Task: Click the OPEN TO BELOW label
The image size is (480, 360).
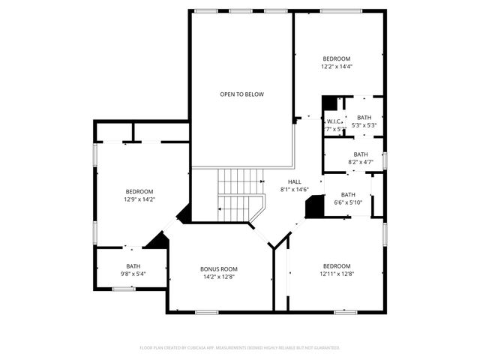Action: click(x=241, y=94)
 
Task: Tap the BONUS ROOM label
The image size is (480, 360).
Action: click(x=218, y=268)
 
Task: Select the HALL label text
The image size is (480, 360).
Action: click(x=295, y=181)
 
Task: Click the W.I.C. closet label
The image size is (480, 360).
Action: click(x=334, y=121)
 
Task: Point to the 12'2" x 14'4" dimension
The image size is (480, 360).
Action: click(x=337, y=67)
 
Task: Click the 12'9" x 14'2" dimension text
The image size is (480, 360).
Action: click(x=139, y=199)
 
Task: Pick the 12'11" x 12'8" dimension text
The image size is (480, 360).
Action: click(x=337, y=274)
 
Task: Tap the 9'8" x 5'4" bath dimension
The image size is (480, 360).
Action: click(x=133, y=274)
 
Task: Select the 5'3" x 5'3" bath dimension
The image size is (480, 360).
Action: click(x=364, y=125)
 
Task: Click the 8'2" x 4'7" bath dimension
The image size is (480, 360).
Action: click(x=361, y=162)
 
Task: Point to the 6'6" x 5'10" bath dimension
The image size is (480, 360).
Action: click(x=348, y=202)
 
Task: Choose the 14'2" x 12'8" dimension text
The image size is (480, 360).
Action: click(x=218, y=277)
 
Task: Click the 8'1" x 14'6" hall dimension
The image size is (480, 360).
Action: click(x=295, y=190)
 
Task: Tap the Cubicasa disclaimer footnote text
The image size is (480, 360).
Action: click(x=240, y=348)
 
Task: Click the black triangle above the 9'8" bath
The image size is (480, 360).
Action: click(x=157, y=241)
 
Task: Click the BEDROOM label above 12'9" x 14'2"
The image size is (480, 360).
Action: click(x=139, y=191)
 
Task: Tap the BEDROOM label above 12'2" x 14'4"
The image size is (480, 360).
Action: click(x=337, y=58)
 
